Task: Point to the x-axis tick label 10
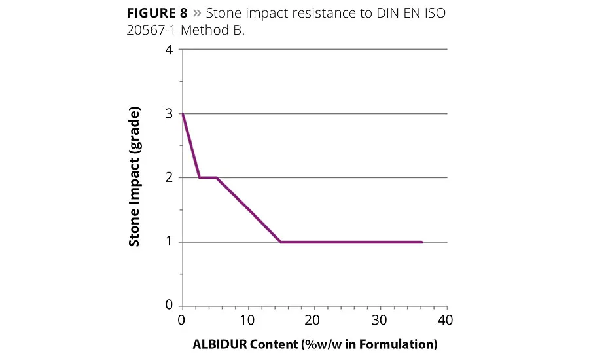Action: click(x=247, y=321)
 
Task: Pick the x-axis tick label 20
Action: click(x=313, y=321)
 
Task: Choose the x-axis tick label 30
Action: click(x=380, y=321)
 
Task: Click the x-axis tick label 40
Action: click(x=446, y=321)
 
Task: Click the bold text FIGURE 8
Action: click(x=156, y=14)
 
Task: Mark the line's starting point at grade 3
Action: click(x=182, y=114)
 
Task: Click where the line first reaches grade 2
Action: click(x=199, y=177)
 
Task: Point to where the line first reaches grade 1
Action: click(x=281, y=242)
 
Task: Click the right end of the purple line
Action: click(x=422, y=242)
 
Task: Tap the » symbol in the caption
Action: click(x=196, y=14)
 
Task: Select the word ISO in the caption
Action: click(x=433, y=14)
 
